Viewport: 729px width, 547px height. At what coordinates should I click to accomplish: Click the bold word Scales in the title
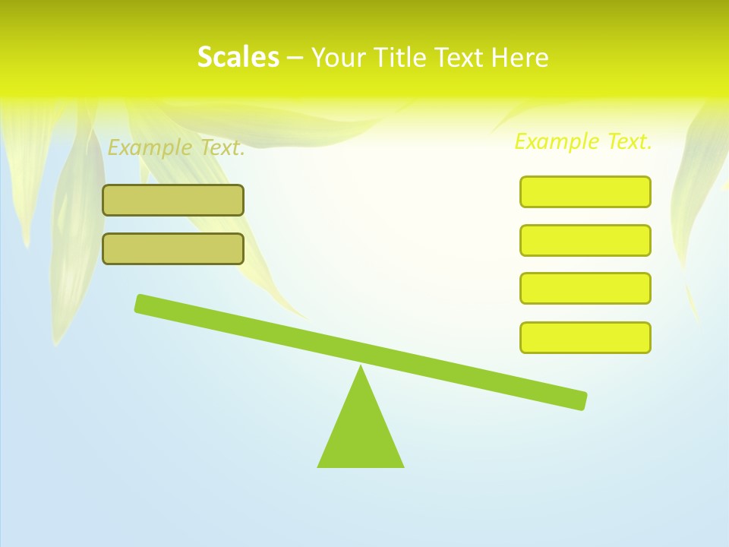pos(238,57)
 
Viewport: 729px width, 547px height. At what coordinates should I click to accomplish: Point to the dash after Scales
pos(295,58)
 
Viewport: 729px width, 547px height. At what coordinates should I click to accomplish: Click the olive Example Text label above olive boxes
pos(176,147)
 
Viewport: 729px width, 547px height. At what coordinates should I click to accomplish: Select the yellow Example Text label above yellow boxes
pos(583,141)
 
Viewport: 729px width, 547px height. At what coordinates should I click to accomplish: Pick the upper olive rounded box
pos(173,200)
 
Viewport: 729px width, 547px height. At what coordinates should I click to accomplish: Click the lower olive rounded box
pos(173,248)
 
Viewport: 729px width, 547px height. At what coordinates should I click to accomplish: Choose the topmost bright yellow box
pos(585,191)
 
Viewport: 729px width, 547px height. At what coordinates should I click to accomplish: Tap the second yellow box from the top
pos(585,240)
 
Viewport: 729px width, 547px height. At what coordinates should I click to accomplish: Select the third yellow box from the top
pos(585,288)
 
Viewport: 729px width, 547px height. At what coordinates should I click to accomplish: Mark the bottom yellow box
pos(585,337)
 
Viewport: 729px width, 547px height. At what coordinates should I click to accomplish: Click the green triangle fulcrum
pos(361,433)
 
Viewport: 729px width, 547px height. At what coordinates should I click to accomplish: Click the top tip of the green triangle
pos(361,368)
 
